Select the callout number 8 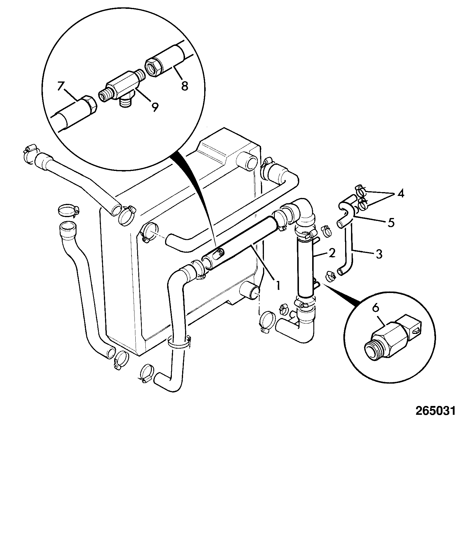[184, 86]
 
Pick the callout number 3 [379, 254]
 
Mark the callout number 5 [391, 222]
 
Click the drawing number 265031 [435, 410]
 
